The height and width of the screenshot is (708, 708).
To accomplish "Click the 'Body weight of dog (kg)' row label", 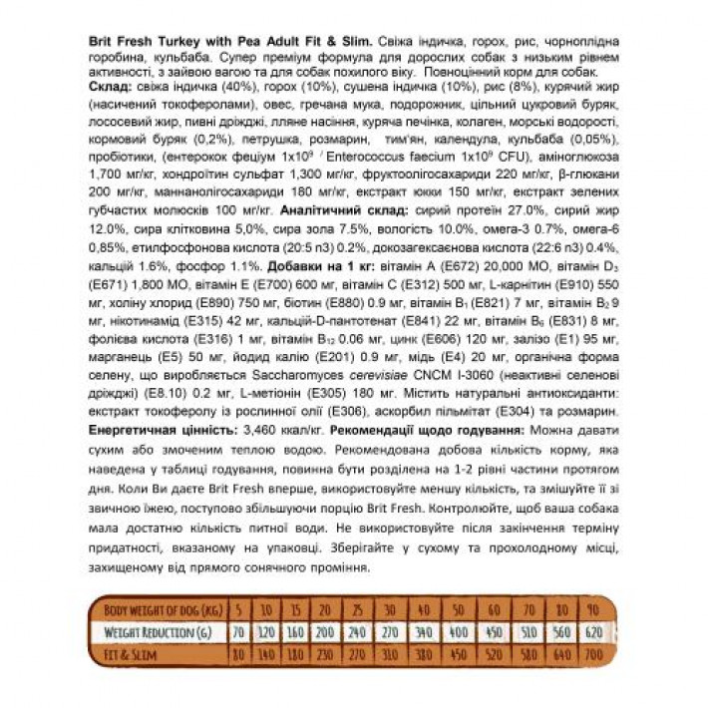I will (160, 609).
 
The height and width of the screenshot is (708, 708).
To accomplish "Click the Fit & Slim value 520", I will (493, 654).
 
